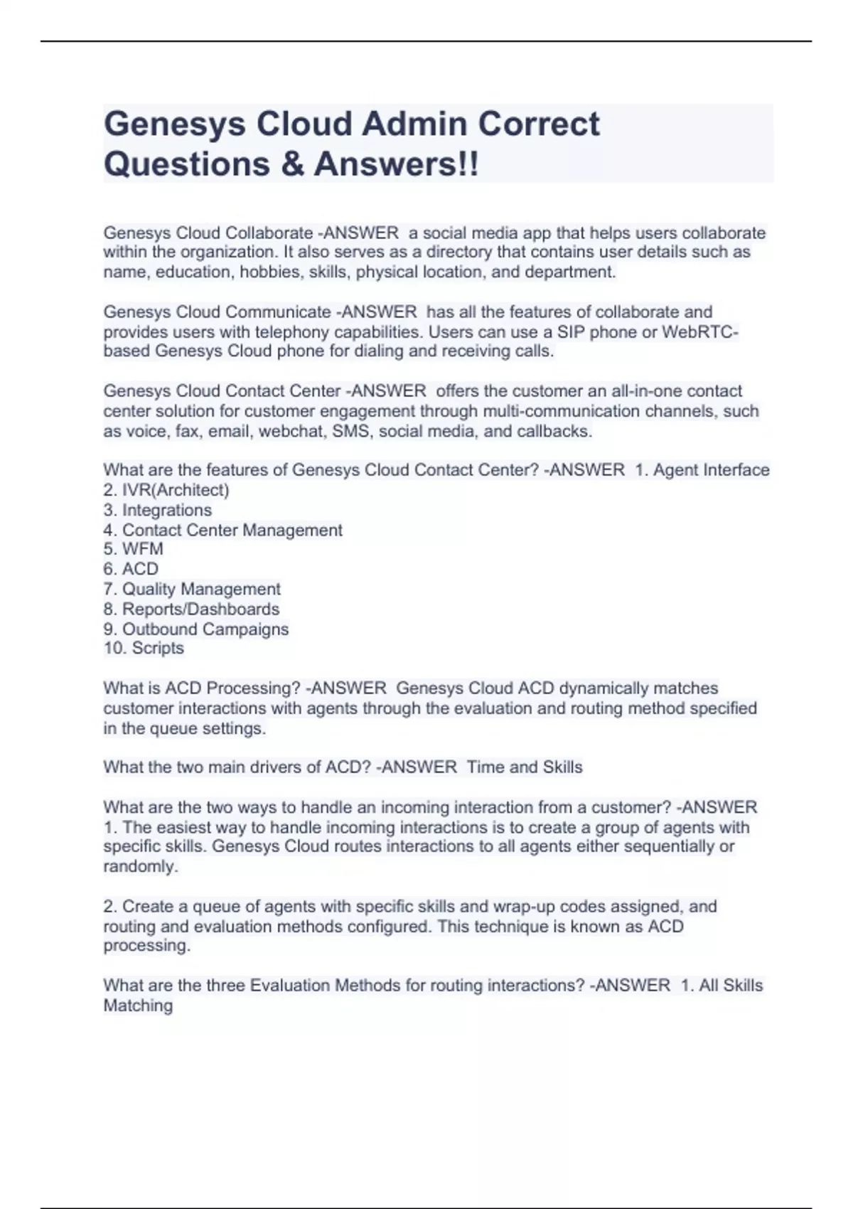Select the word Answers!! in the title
[x=397, y=164]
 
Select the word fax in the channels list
[x=186, y=431]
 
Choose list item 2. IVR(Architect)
[x=166, y=490]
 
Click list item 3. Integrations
[x=158, y=510]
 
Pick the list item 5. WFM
[x=134, y=549]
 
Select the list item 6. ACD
[x=131, y=569]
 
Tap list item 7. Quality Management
[x=192, y=589]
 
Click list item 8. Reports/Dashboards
[x=191, y=609]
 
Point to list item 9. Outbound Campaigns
[x=196, y=629]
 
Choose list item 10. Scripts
[x=144, y=648]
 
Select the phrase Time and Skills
[x=525, y=767]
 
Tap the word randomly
[x=140, y=866]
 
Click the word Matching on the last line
[x=138, y=1006]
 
